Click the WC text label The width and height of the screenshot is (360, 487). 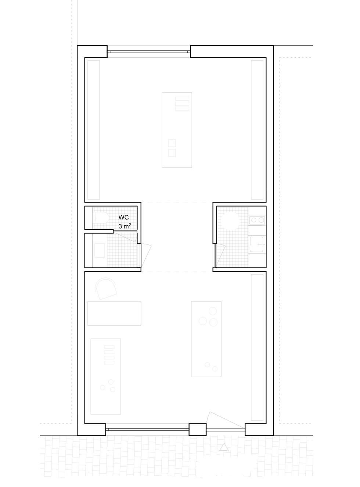click(x=123, y=217)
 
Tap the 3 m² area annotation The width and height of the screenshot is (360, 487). click(x=125, y=226)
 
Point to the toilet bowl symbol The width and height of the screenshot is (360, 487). click(x=102, y=218)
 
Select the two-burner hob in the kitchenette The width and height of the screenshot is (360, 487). click(x=257, y=220)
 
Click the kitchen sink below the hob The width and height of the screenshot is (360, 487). click(x=257, y=244)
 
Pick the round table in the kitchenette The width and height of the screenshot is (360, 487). click(x=230, y=220)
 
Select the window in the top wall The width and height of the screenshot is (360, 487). click(x=149, y=51)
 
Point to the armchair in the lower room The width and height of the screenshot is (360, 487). click(x=105, y=288)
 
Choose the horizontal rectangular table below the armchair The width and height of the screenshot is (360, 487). click(x=114, y=313)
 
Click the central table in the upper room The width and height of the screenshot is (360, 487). click(x=177, y=130)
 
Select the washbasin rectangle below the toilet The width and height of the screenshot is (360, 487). click(x=100, y=250)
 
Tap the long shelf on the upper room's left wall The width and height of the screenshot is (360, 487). click(x=94, y=130)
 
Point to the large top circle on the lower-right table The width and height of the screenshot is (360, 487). click(x=212, y=311)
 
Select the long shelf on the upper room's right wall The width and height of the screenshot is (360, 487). click(x=257, y=130)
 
